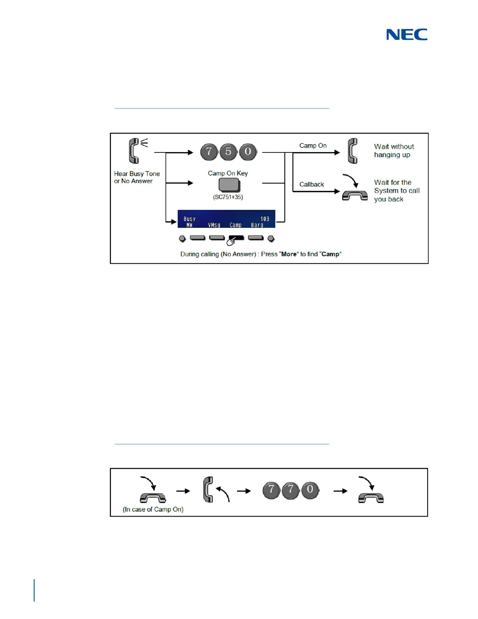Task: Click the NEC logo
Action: point(407,35)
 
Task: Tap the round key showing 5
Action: point(228,152)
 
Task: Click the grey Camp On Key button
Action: point(229,185)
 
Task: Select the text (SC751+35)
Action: point(228,197)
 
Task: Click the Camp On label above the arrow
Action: point(313,145)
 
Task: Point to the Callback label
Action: point(312,184)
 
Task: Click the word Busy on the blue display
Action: point(189,219)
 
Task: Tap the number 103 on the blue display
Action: point(265,219)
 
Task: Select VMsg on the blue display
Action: point(214,225)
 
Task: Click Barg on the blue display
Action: point(257,225)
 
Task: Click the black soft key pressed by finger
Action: point(237,238)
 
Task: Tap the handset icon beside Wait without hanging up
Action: point(352,151)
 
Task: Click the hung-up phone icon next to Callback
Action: point(355,194)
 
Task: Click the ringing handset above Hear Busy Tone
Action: point(134,151)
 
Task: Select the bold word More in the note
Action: point(289,254)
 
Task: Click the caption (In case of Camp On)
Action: point(153,509)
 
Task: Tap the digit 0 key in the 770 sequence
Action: point(310,490)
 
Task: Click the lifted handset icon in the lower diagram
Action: point(209,489)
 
